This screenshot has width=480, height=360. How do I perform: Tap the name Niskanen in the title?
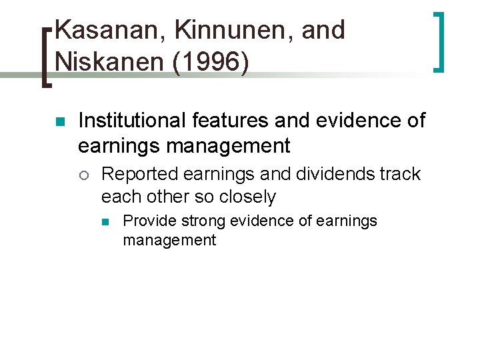click(x=104, y=62)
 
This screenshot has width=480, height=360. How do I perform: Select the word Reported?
click(x=139, y=174)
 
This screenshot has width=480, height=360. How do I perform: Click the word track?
click(x=401, y=174)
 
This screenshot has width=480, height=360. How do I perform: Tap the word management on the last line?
click(x=169, y=240)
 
